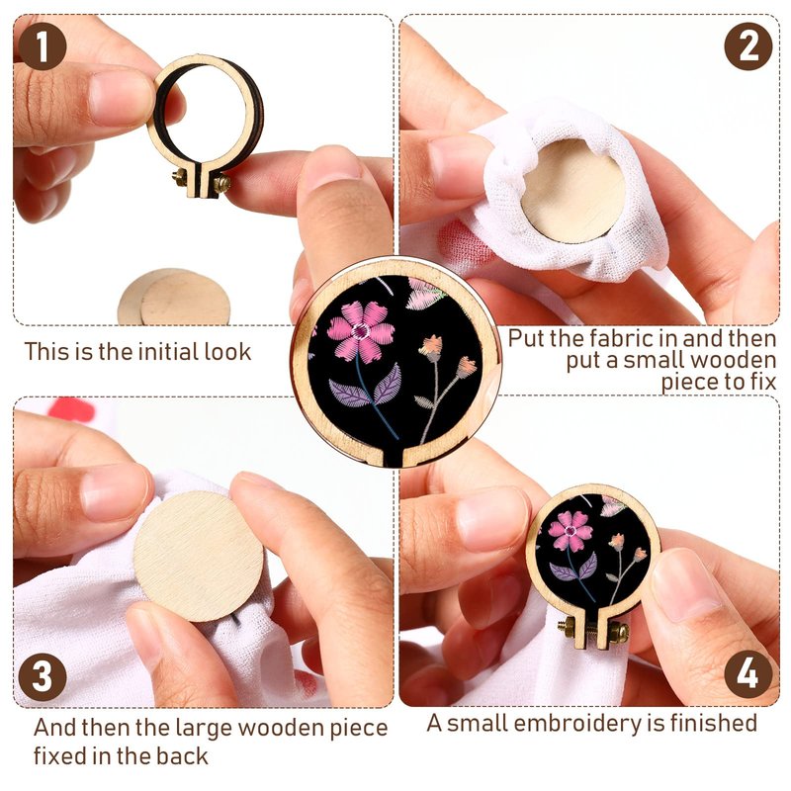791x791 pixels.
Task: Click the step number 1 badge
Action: tap(43, 46)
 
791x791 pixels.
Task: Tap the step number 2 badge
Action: tap(748, 46)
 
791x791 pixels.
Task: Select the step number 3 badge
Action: tap(43, 677)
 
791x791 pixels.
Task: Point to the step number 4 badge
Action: tap(748, 674)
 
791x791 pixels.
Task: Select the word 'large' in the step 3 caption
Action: tap(204, 729)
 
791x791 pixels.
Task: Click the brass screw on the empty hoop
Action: tap(202, 181)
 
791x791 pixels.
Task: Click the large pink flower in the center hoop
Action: tap(361, 331)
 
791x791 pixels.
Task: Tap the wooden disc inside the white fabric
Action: tap(572, 191)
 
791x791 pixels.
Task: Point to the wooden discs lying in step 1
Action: tap(174, 298)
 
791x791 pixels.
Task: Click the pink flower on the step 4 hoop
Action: tap(571, 530)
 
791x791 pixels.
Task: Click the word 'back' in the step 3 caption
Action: tap(181, 756)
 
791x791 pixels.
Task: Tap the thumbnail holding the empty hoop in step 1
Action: tap(121, 97)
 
